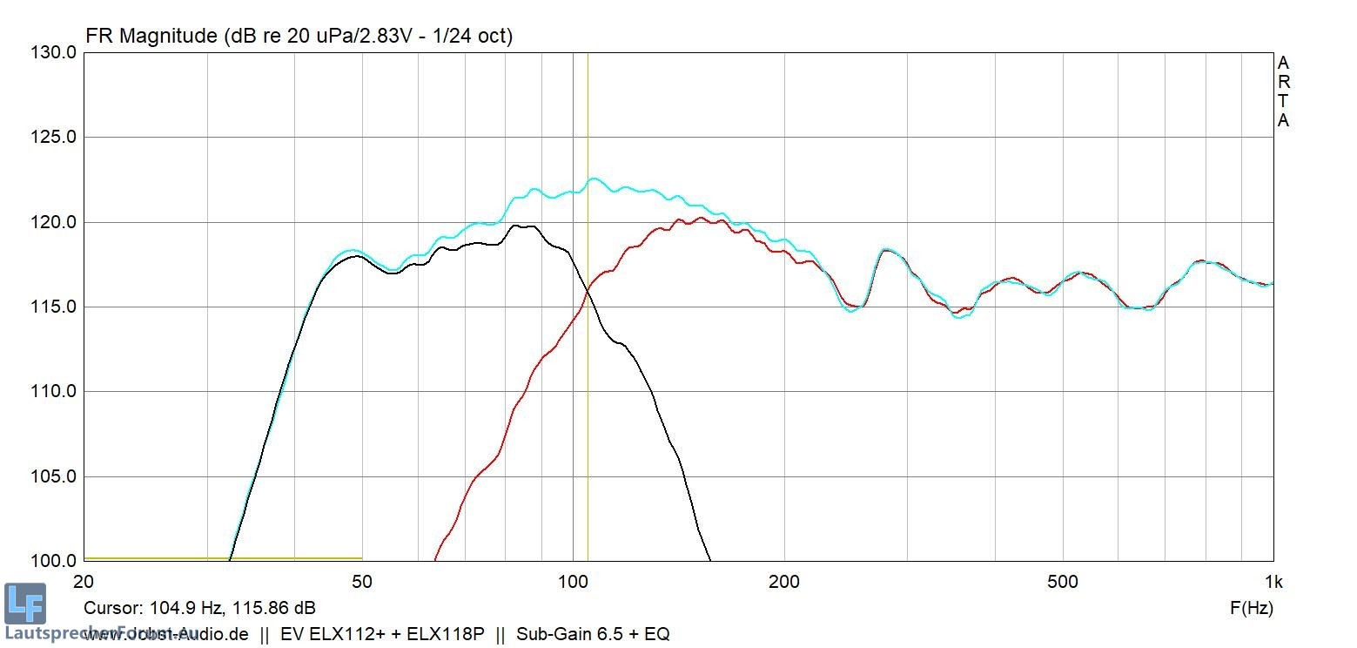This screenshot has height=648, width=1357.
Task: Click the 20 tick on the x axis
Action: click(84, 582)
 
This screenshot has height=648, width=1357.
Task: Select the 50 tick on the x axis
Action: click(361, 582)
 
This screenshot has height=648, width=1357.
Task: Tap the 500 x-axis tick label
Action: click(1063, 582)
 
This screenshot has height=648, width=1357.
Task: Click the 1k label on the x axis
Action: click(1273, 582)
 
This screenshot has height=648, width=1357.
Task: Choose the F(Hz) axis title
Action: click(1251, 608)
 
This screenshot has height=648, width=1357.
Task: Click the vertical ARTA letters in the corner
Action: click(1283, 91)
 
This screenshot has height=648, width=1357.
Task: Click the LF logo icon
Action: click(24, 604)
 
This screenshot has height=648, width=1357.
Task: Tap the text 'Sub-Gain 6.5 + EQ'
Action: click(593, 634)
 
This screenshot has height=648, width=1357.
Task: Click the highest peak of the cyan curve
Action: click(594, 179)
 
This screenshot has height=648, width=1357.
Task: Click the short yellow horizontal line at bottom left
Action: click(223, 558)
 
